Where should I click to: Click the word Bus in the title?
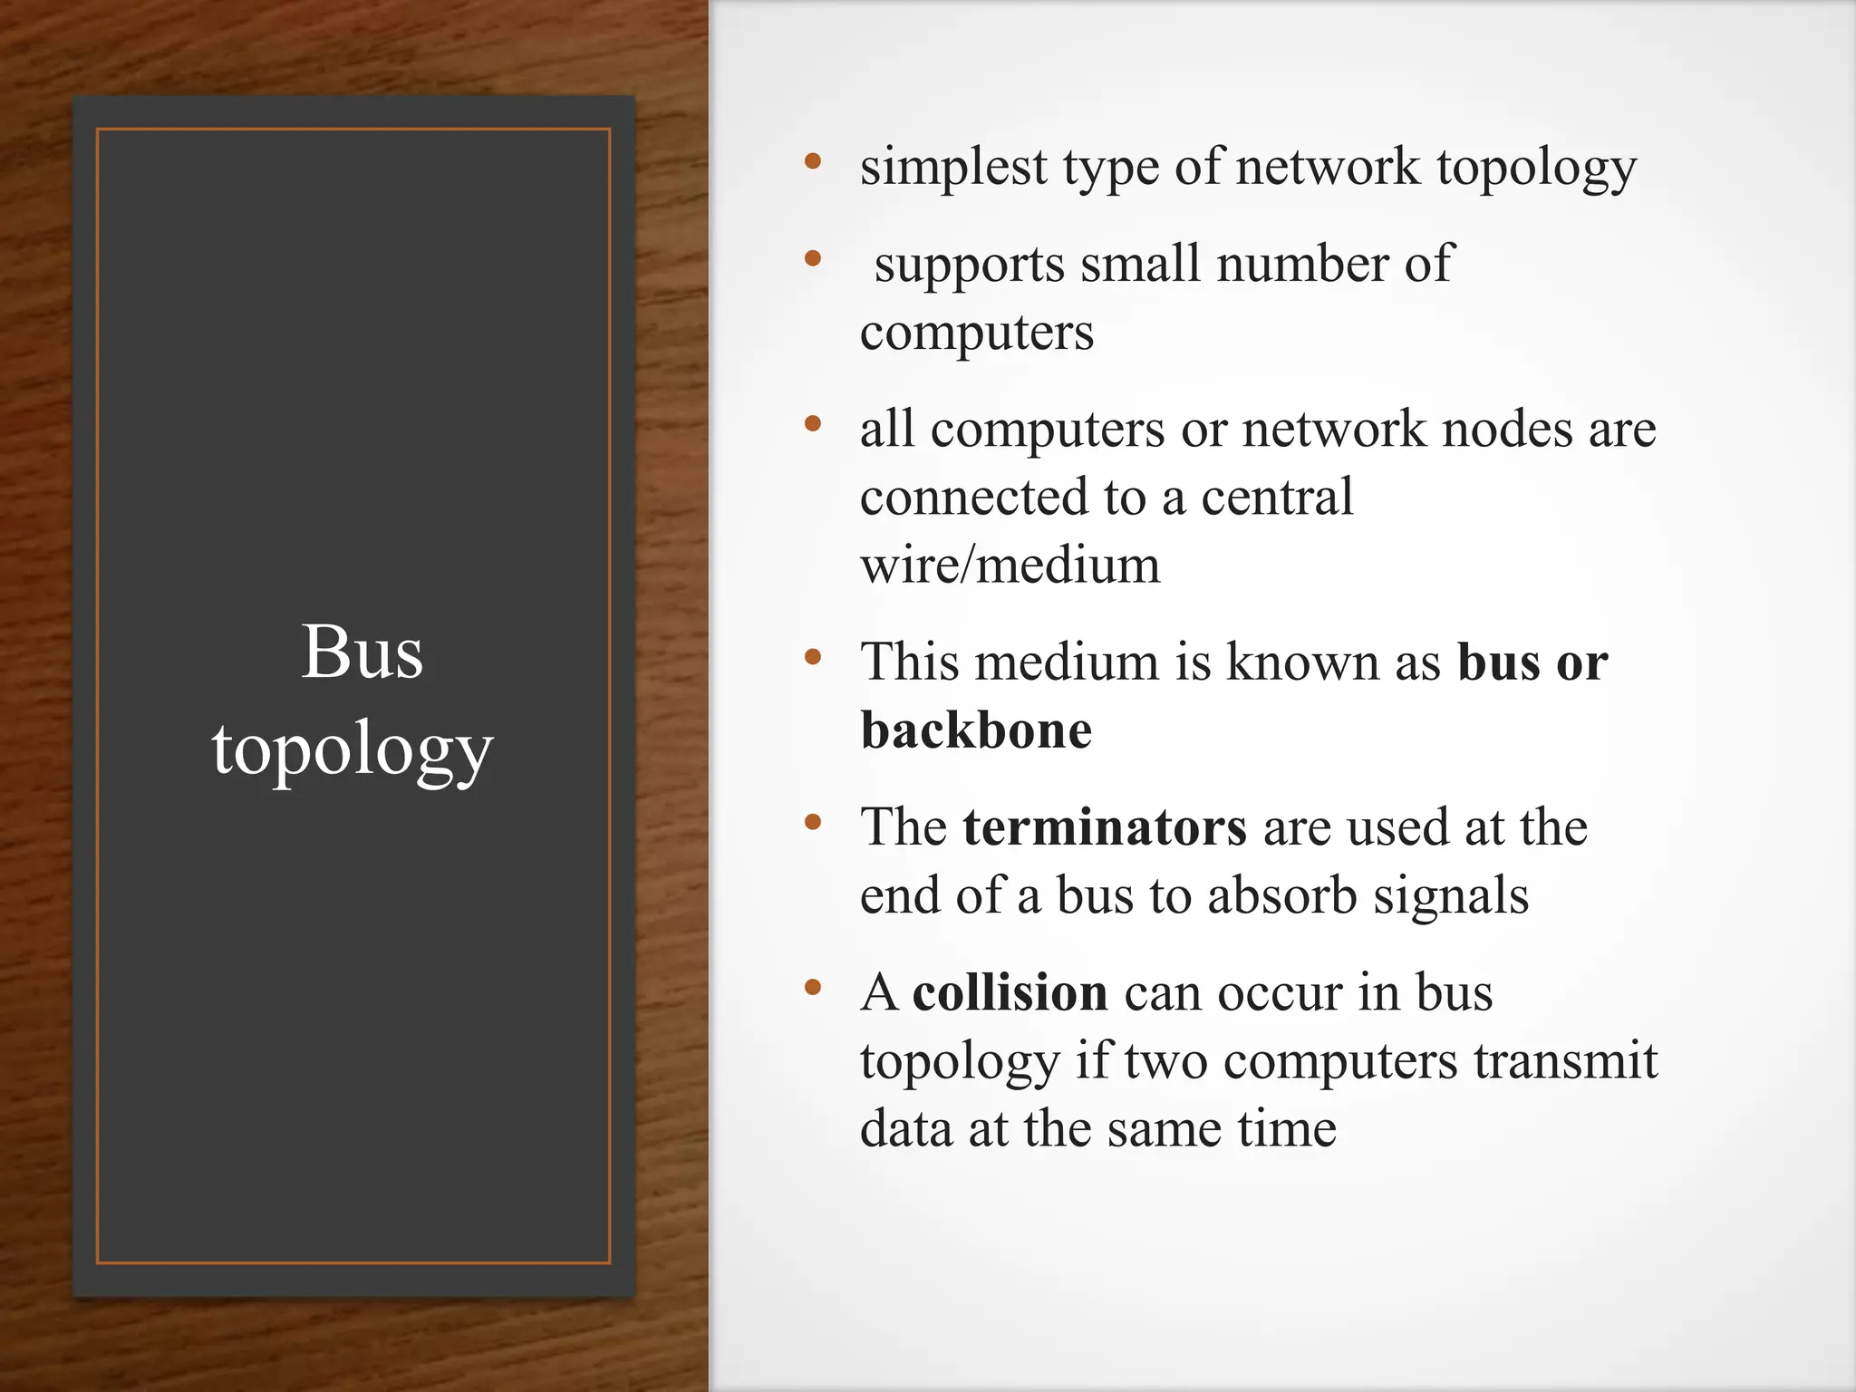362,652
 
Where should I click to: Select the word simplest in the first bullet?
953,168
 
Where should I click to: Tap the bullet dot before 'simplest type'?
813,162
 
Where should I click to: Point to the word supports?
969,266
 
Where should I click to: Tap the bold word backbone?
976,730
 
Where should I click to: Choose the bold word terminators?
1105,827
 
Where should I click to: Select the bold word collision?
1010,992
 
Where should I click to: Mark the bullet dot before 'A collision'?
813,987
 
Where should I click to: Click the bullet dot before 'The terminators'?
813,822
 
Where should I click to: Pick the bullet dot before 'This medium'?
813,656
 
